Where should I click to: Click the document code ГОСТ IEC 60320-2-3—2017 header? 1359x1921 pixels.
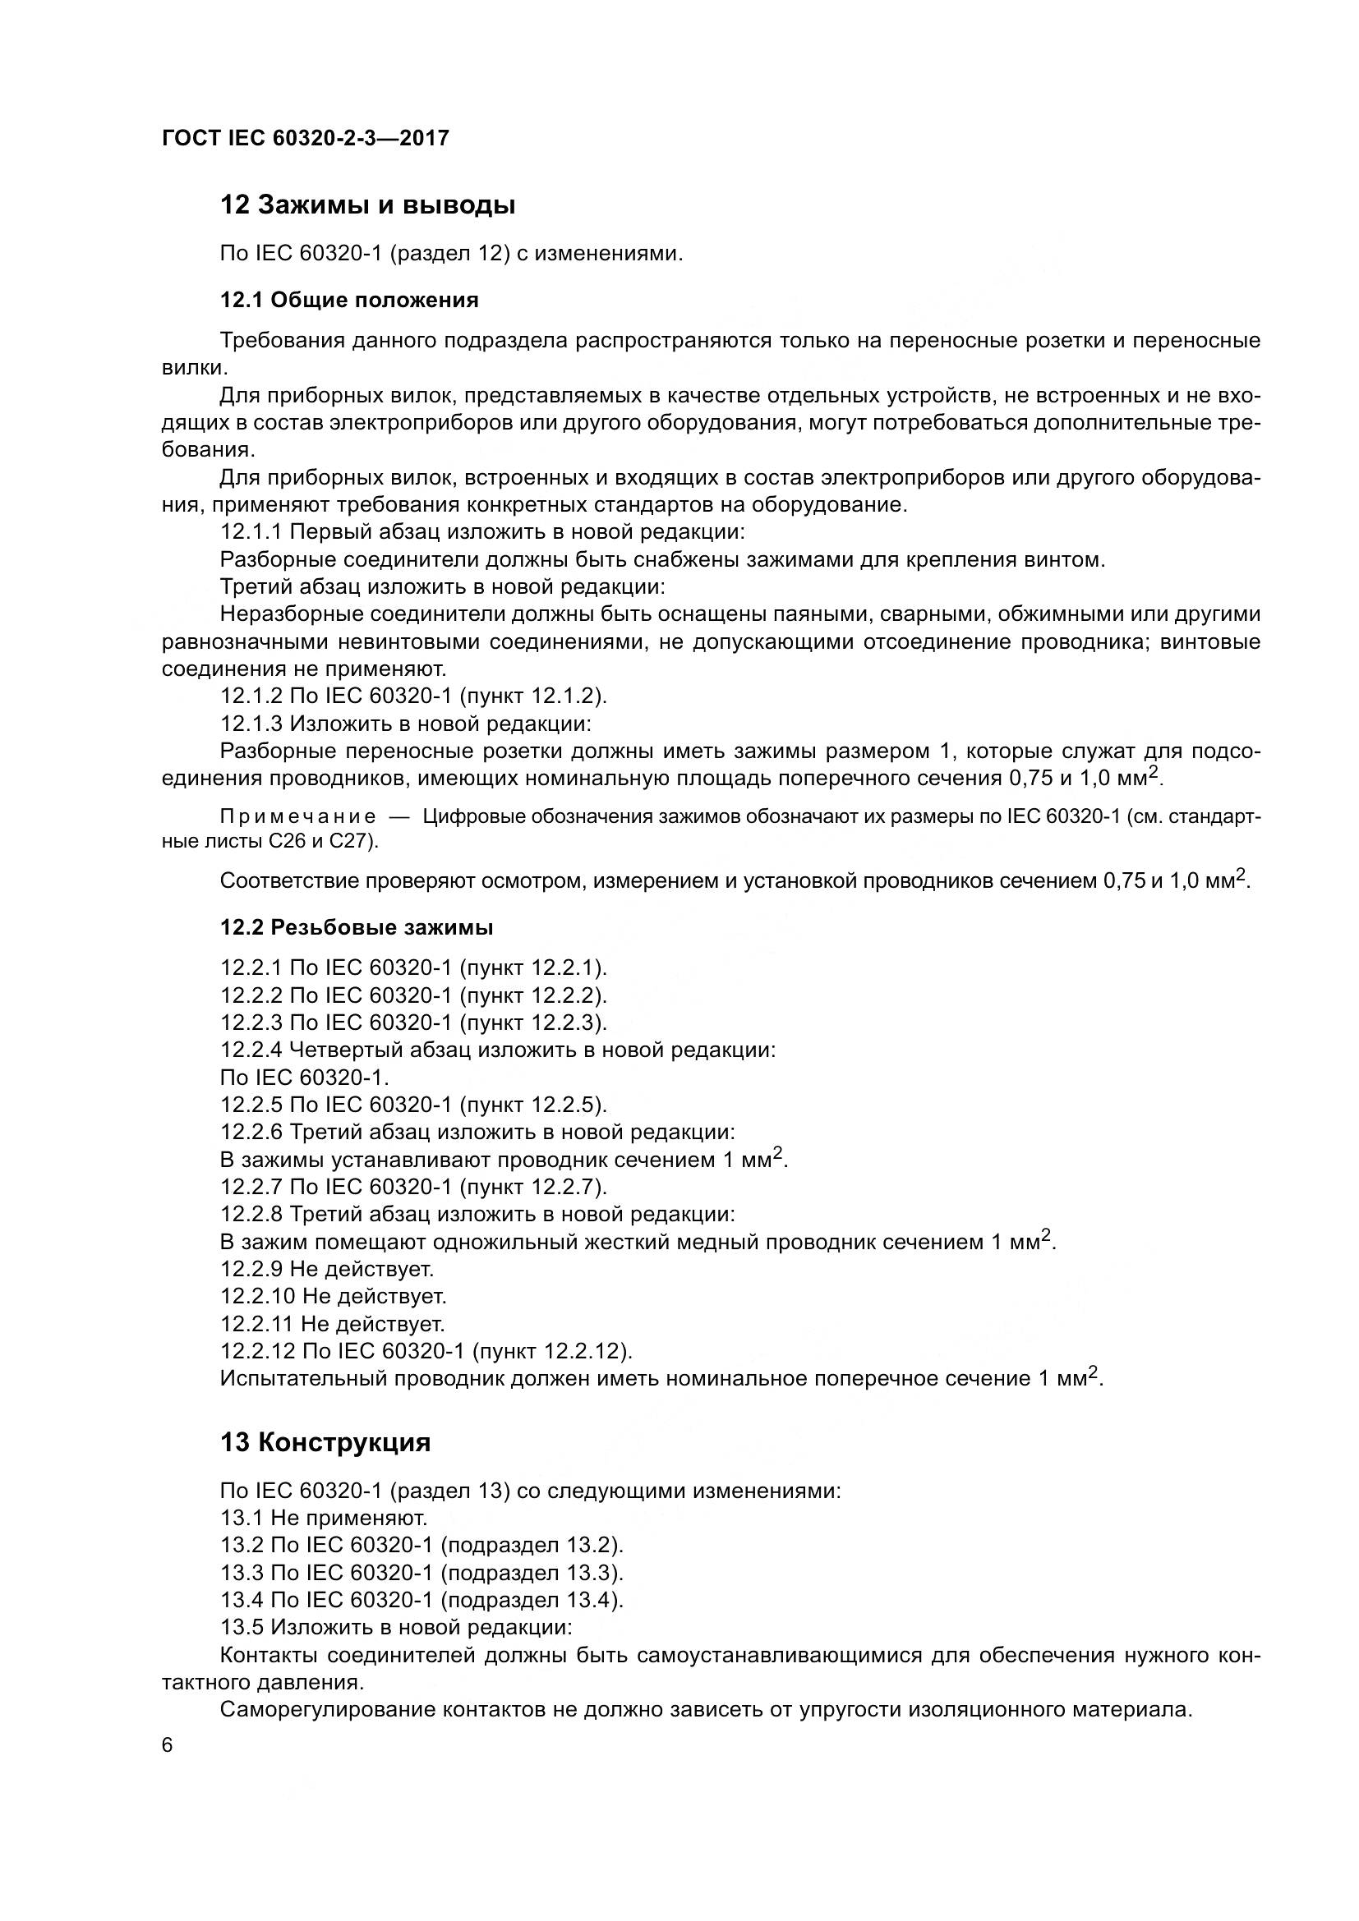click(306, 138)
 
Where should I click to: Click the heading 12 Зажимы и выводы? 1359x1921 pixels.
click(367, 205)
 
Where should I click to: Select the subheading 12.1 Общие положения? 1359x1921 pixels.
click(349, 300)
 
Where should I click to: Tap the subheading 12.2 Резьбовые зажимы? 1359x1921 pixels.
click(356, 927)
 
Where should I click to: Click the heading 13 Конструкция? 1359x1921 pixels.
click(325, 1441)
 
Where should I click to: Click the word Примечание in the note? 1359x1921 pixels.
click(297, 816)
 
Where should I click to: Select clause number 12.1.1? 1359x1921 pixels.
click(251, 532)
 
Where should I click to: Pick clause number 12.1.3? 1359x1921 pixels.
click(251, 723)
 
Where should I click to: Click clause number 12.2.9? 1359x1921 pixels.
click(251, 1268)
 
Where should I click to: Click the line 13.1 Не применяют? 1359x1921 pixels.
click(324, 1517)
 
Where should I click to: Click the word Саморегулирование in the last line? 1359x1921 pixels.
click(326, 1708)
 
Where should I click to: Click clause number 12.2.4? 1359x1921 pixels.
click(251, 1049)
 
